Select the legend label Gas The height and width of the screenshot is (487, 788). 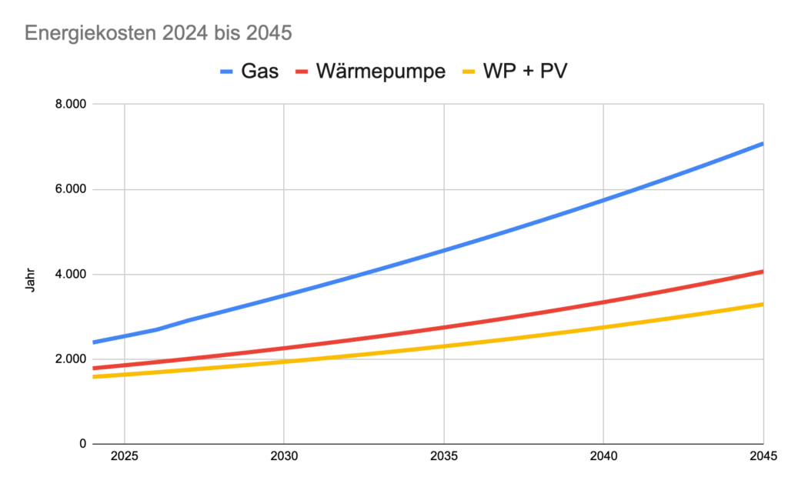[x=260, y=72]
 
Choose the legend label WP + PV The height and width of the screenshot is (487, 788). [x=526, y=72]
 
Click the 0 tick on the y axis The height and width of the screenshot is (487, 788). [x=81, y=444]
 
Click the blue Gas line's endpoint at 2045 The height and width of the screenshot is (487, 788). [x=762, y=144]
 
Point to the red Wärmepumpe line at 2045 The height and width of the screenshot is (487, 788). [x=762, y=272]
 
